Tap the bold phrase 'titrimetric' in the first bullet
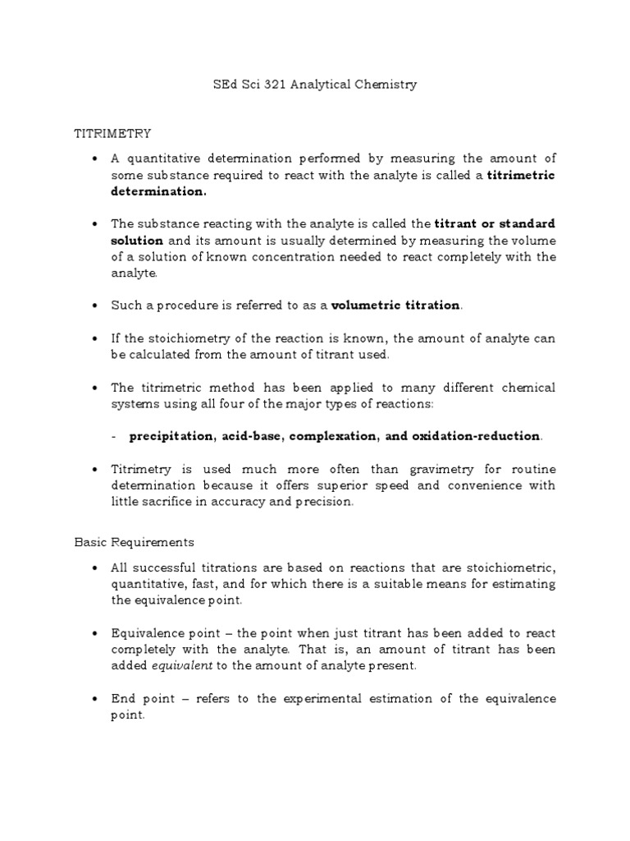521,175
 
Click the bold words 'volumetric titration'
396,306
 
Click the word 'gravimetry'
442,469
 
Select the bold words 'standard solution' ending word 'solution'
138,241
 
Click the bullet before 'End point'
97,699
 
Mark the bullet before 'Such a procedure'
97,306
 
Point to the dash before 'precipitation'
113,436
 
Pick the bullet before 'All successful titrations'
97,568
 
